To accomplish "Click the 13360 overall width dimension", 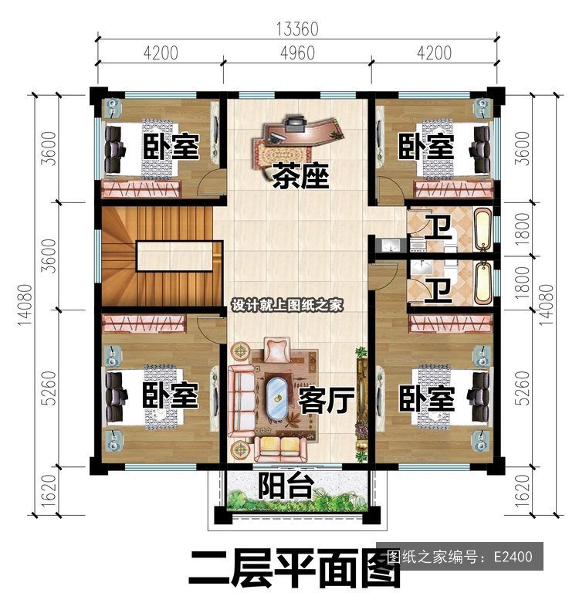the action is (x=297, y=29).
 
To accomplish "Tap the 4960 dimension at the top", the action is (x=297, y=53).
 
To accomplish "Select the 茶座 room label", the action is (x=300, y=176).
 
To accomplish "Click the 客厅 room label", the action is (x=326, y=400).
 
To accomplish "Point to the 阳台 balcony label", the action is (x=286, y=486).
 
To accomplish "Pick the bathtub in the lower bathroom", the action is (x=483, y=283).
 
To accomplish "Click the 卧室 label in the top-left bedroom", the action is (x=171, y=147).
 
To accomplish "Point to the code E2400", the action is (x=513, y=557).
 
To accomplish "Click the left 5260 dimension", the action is (x=49, y=388).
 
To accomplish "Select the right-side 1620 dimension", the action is (x=523, y=490).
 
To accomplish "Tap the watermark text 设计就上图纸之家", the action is (x=287, y=306).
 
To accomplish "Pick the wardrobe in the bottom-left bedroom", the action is (x=144, y=324).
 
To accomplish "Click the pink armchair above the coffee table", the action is (x=277, y=350).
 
